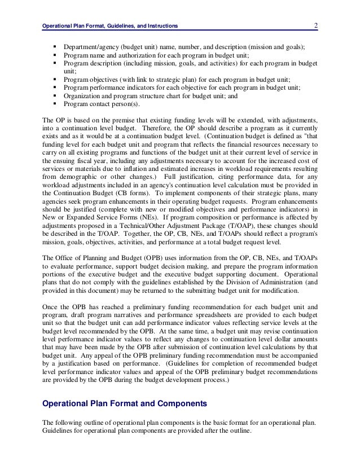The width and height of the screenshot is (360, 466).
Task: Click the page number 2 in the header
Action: (x=317, y=25)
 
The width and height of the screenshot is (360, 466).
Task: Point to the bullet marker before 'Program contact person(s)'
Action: (x=55, y=103)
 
